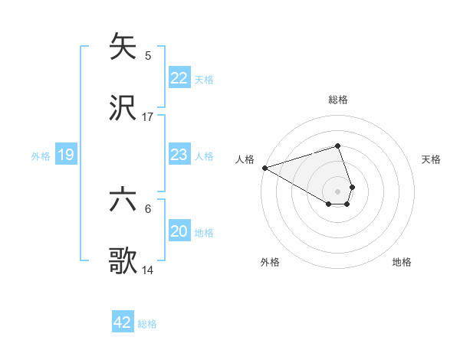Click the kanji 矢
[x=123, y=47]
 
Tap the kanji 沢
[x=123, y=108]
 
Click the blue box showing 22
[x=179, y=78]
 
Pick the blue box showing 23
[x=179, y=155]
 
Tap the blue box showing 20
[x=179, y=231]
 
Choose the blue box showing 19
[x=66, y=155]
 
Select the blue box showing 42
[x=123, y=322]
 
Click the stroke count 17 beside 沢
[x=148, y=117]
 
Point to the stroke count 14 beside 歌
[x=148, y=270]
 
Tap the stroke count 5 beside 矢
[x=148, y=56]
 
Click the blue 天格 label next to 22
[x=204, y=79]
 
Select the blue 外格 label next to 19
[x=41, y=156]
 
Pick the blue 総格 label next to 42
[x=147, y=324]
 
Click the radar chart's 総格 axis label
[x=337, y=100]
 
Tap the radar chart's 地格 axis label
[x=402, y=262]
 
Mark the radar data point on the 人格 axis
[x=264, y=168]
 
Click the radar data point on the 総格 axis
[x=337, y=146]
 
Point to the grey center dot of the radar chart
[x=337, y=191]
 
